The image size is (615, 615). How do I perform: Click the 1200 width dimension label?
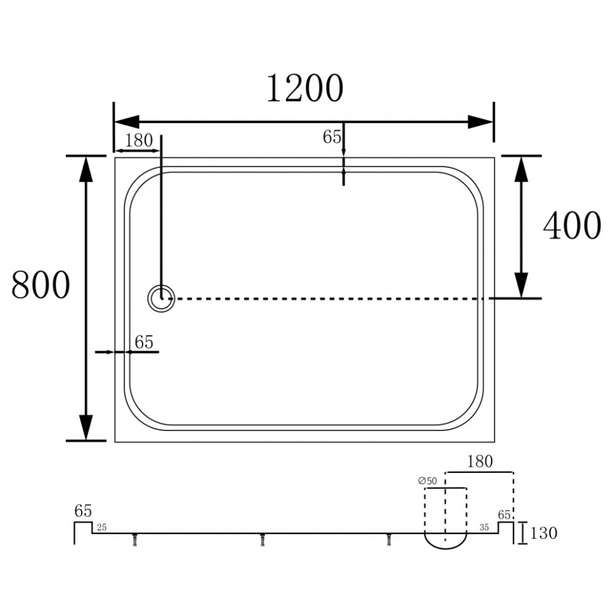(x=305, y=88)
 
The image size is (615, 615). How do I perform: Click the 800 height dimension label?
(x=41, y=285)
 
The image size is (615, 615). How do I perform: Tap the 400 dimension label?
(x=572, y=225)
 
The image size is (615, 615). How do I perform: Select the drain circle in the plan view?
(x=161, y=299)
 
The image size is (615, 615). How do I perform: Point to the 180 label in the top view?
(x=138, y=140)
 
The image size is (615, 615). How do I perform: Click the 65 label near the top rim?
(x=332, y=137)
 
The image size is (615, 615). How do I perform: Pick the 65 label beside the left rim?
(x=143, y=342)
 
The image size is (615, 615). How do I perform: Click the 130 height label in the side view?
(x=543, y=533)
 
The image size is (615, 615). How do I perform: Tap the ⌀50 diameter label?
(x=427, y=481)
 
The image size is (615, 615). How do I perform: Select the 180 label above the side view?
(x=480, y=462)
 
